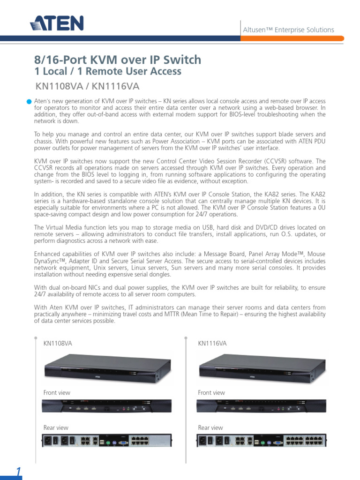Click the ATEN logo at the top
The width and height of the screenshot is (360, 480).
click(x=57, y=23)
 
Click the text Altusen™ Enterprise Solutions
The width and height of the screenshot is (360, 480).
click(x=288, y=30)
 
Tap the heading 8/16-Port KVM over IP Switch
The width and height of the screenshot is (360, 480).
click(x=118, y=60)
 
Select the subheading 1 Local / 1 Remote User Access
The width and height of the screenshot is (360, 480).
click(x=108, y=72)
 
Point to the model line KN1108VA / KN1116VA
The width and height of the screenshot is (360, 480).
click(x=88, y=87)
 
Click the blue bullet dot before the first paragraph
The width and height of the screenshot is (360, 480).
click(x=30, y=101)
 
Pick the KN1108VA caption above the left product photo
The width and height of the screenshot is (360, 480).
click(x=58, y=344)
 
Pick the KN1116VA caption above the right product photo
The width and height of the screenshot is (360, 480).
click(x=212, y=344)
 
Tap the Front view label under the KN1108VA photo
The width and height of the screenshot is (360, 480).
click(x=57, y=393)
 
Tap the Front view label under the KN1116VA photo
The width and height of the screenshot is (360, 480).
click(x=211, y=393)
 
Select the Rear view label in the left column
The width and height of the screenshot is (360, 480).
click(x=56, y=427)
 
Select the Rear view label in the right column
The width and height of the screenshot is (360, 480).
click(x=210, y=427)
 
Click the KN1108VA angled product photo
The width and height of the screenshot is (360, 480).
click(x=107, y=367)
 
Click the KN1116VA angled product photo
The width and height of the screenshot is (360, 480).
click(x=262, y=367)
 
